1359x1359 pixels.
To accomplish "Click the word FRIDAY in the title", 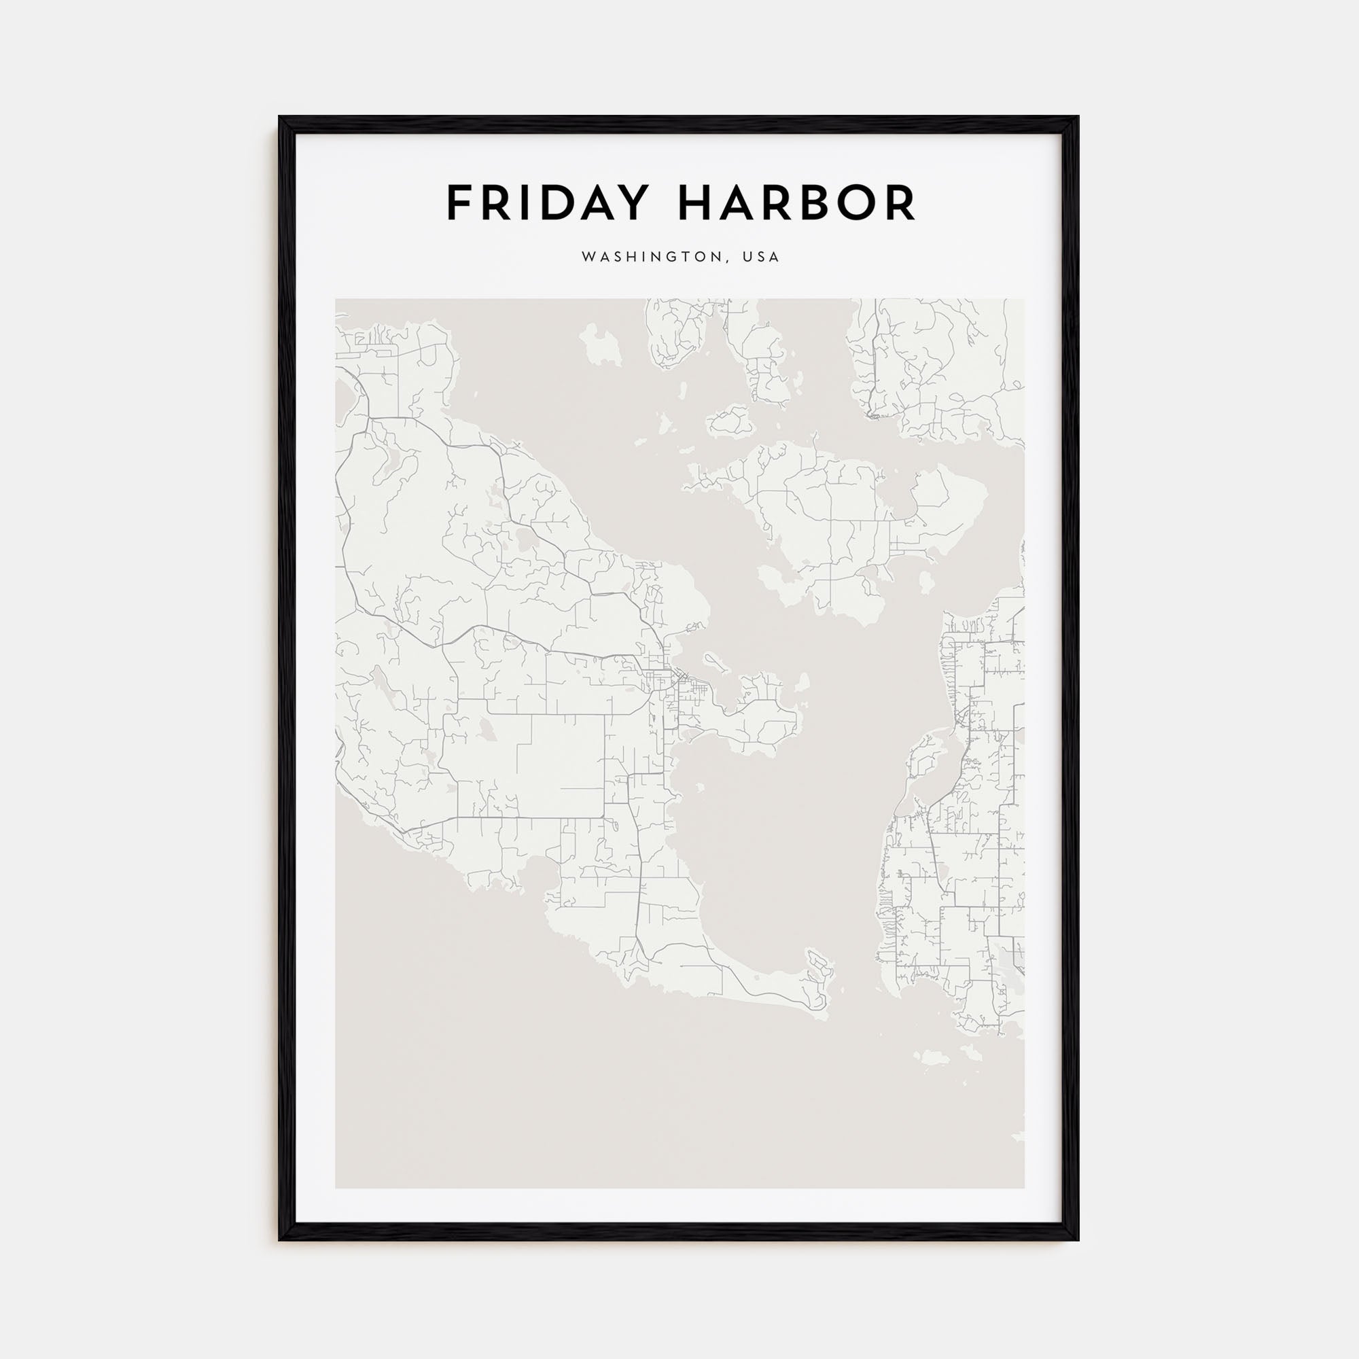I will tap(546, 203).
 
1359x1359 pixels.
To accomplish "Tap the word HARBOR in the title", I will tap(796, 203).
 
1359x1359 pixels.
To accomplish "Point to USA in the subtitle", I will tap(764, 258).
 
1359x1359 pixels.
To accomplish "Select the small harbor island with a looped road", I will tap(716, 660).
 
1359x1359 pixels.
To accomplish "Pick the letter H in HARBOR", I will tap(694, 203).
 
